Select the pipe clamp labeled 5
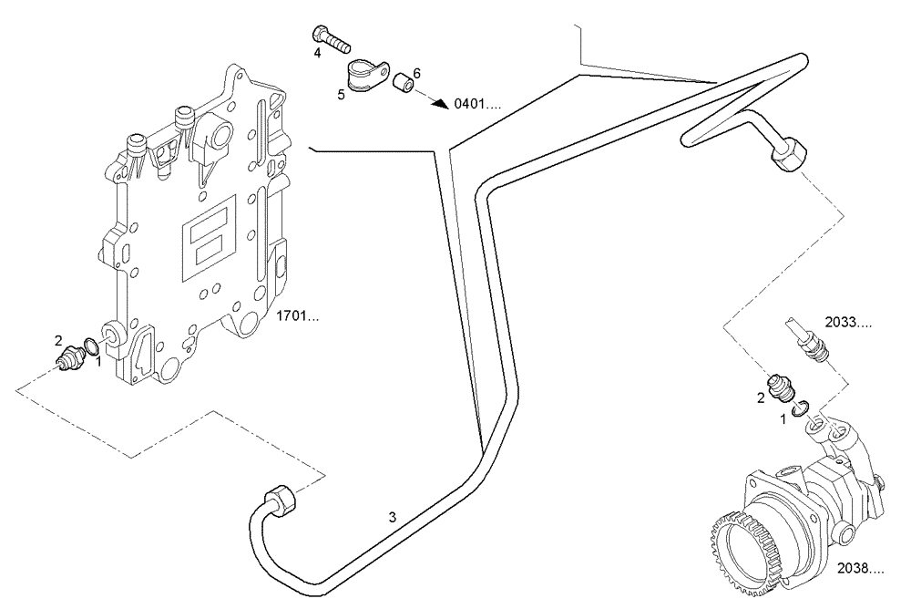365,73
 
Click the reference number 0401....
477,104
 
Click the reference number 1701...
297,318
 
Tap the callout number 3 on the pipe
393,518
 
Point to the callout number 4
318,54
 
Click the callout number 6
416,72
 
